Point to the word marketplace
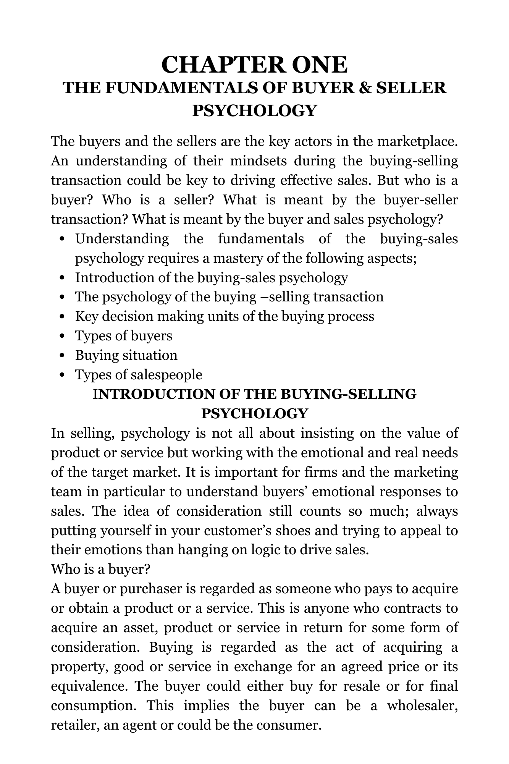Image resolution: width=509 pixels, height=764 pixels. (x=417, y=141)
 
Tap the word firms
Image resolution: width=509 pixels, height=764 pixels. (x=321, y=472)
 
